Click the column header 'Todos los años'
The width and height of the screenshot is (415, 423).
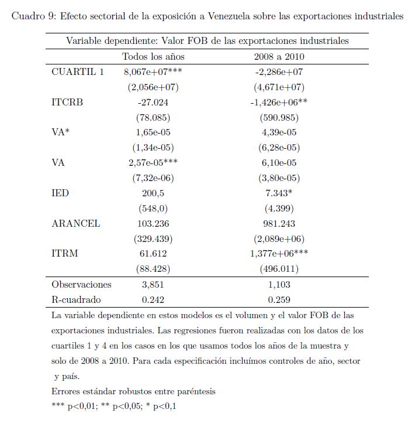click(x=153, y=57)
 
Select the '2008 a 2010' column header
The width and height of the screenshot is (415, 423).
click(x=279, y=57)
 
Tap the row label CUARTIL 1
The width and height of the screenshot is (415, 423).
click(x=78, y=72)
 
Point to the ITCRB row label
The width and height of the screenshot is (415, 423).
click(x=67, y=102)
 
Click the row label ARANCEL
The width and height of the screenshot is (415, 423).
click(x=76, y=223)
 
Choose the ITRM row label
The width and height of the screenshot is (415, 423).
click(x=65, y=254)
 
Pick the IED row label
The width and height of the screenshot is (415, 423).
click(x=60, y=193)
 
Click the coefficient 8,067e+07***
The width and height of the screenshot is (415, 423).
click(x=153, y=72)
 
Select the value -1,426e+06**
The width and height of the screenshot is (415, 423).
click(x=279, y=102)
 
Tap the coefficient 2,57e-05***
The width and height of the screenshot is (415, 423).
click(x=153, y=163)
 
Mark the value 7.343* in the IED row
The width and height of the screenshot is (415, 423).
click(x=279, y=193)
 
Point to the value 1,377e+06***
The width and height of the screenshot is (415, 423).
click(x=279, y=254)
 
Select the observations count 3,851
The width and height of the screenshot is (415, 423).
click(x=153, y=285)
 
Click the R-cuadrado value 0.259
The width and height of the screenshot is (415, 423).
click(x=279, y=299)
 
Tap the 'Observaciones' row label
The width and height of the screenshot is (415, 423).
click(x=81, y=285)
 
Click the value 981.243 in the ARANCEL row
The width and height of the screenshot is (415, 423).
click(x=279, y=223)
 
